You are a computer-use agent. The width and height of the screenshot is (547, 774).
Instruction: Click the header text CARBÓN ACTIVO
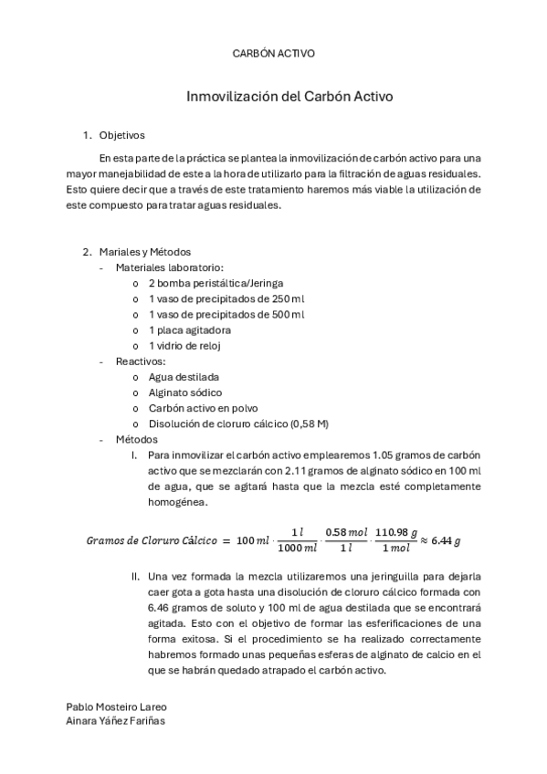tap(274, 54)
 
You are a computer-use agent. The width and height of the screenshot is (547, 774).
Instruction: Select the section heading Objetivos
tap(121, 136)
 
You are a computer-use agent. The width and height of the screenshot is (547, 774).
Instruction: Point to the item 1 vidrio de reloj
tap(184, 345)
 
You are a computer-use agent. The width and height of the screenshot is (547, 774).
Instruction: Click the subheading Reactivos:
tap(141, 361)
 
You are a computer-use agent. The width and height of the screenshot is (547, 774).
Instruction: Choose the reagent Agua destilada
tap(184, 377)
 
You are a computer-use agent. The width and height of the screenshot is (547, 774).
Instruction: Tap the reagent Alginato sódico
tap(184, 392)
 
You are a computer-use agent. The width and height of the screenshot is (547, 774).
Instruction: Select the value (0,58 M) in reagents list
tap(310, 424)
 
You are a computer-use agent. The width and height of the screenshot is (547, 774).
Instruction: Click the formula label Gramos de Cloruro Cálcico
tap(153, 539)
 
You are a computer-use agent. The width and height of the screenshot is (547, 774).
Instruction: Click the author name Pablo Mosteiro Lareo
tap(116, 706)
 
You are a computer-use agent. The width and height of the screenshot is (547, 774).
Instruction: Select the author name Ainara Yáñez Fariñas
tap(117, 720)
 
